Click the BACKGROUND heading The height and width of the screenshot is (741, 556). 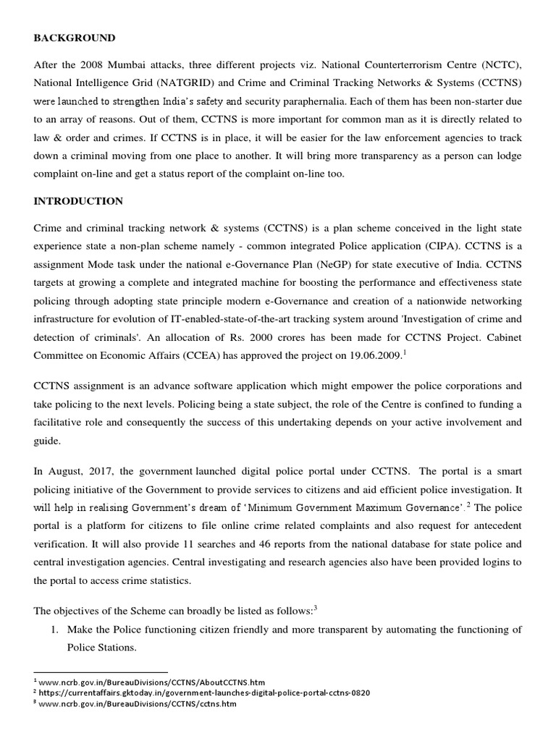(75, 38)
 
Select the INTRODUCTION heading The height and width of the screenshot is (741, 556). (78, 201)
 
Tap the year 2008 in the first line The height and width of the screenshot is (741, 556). (97, 64)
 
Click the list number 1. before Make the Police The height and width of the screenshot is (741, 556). (54, 630)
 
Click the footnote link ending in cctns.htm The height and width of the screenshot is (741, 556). (138, 703)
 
